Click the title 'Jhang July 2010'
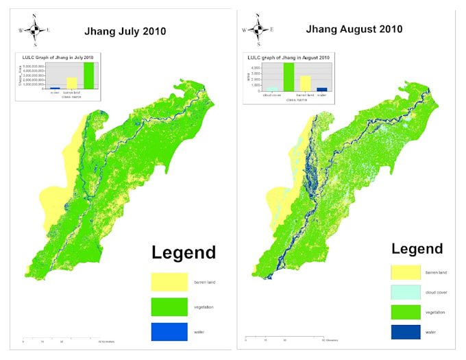tap(124, 31)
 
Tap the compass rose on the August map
tap(258, 29)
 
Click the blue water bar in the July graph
tap(55, 88)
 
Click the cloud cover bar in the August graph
tap(271, 90)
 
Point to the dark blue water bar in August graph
tap(322, 88)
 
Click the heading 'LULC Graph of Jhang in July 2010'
tap(58, 56)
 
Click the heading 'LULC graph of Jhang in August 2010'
tap(287, 56)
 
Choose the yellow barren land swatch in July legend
tap(169, 281)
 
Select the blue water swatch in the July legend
tap(169, 331)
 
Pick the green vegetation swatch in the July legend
tap(169, 306)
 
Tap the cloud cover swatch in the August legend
tap(405, 292)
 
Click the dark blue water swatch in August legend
tap(405, 332)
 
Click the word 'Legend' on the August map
tap(417, 249)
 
